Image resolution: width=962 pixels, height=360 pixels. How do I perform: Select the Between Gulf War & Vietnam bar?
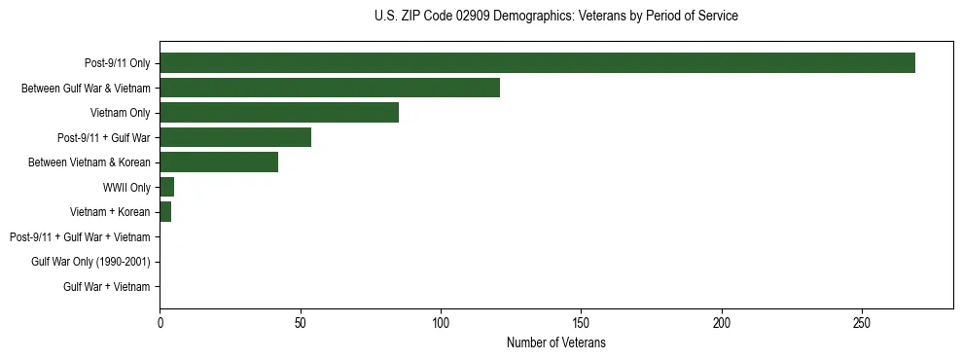(330, 88)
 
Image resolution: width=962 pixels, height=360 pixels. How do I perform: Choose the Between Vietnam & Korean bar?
(219, 162)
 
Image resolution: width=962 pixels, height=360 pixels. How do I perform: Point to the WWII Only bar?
(167, 187)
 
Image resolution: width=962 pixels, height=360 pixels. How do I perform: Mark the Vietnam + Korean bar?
(165, 212)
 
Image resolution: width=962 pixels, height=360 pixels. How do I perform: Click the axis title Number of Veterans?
(556, 342)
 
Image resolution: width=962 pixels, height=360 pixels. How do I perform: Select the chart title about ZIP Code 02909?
(556, 17)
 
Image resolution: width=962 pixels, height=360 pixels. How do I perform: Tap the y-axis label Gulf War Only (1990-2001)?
(90, 262)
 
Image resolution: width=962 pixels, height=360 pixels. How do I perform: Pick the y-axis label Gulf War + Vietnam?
(107, 286)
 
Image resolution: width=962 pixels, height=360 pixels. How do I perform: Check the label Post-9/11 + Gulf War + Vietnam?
(80, 236)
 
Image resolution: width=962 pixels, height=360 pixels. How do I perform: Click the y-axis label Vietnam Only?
(120, 113)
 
